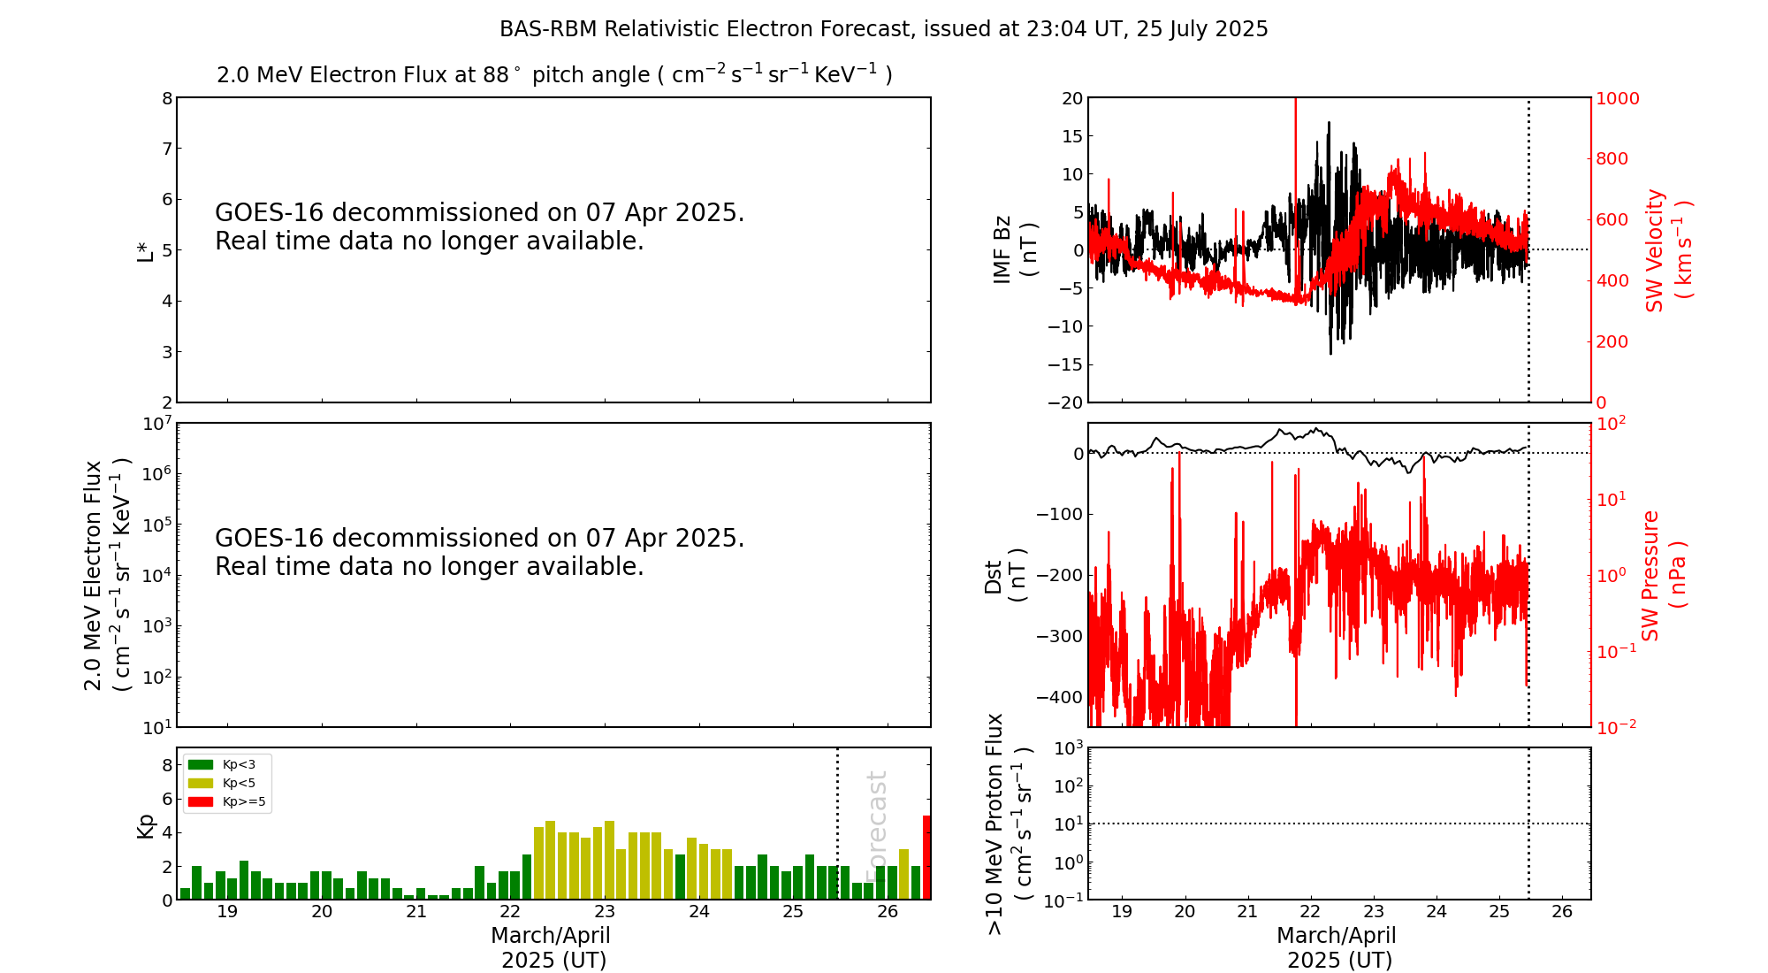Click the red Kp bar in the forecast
point(926,857)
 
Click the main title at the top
point(883,29)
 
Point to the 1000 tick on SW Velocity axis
point(1616,98)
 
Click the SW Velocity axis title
point(1667,250)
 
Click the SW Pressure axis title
point(1663,576)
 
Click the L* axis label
point(145,250)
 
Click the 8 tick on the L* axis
point(166,98)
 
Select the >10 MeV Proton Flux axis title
point(1009,824)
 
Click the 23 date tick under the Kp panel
point(605,912)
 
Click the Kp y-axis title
point(145,825)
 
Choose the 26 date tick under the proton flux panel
point(1562,912)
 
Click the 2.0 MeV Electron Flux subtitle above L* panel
point(554,74)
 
